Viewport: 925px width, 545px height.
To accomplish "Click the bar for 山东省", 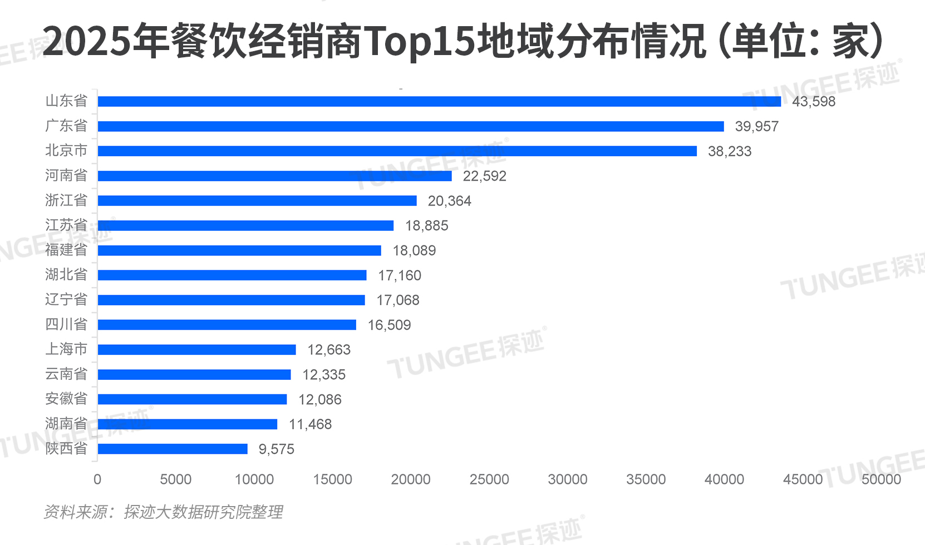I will click(x=439, y=101).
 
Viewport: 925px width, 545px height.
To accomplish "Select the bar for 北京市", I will click(x=397, y=151).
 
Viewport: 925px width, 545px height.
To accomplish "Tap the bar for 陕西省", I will click(x=173, y=449).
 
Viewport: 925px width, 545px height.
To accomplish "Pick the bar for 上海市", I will click(x=196, y=350).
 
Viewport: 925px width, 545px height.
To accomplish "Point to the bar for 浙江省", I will click(x=257, y=201).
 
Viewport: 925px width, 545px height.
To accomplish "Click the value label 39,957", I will click(x=756, y=127).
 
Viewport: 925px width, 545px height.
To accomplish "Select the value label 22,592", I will click(x=484, y=176).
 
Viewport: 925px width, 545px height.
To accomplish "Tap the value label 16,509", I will click(x=389, y=325).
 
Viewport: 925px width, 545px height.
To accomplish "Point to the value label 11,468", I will click(x=310, y=425).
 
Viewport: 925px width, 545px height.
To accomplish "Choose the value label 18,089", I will click(x=414, y=251).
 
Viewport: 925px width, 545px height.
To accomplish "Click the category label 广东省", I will click(x=66, y=126).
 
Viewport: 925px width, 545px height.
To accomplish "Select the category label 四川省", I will click(x=66, y=324).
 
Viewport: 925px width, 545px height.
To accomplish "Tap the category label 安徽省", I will click(x=66, y=399).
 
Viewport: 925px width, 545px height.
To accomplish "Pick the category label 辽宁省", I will click(x=66, y=300).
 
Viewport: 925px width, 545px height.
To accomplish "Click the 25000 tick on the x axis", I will click(x=489, y=479).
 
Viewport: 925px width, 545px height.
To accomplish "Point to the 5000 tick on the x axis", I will click(x=176, y=479).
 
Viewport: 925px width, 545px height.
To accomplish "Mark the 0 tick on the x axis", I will click(x=97, y=479).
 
